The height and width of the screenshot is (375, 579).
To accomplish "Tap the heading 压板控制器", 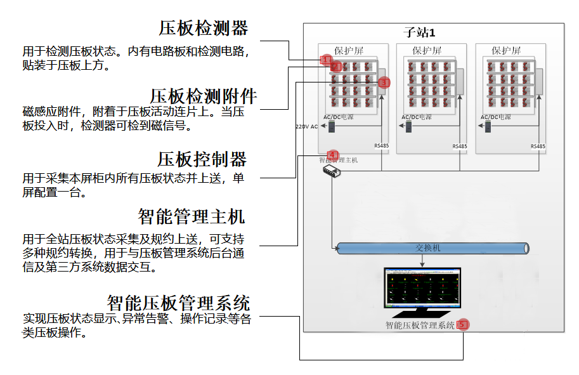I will (202, 158).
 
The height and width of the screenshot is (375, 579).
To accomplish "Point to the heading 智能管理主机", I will (191, 216).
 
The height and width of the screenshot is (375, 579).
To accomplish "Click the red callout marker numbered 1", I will (326, 60).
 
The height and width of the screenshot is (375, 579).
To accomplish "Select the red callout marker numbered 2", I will (336, 67).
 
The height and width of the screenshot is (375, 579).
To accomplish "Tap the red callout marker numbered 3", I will (384, 82).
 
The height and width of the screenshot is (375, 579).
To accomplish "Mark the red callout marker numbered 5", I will (462, 324).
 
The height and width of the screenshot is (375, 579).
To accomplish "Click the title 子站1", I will (420, 32).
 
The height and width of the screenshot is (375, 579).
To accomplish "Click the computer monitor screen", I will (423, 287).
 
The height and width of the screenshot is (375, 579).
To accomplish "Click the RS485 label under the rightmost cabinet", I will (538, 147).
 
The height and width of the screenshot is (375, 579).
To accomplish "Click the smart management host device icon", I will (332, 172).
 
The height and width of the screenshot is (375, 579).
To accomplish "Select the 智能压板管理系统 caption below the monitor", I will (420, 326).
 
